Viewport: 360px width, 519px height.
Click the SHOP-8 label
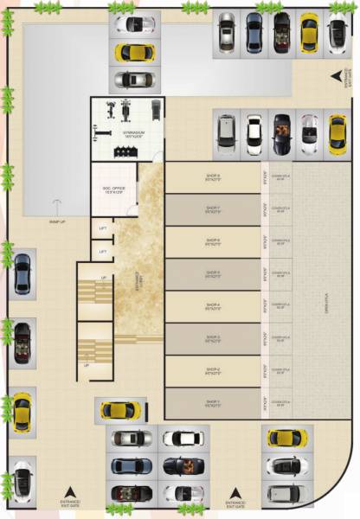point(212,176)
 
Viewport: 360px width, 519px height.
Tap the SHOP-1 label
point(212,402)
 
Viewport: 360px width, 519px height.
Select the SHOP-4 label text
point(212,305)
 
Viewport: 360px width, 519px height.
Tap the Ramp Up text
point(57,221)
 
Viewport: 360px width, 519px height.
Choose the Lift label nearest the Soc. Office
point(103,228)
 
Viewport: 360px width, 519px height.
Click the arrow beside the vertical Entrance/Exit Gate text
point(336,78)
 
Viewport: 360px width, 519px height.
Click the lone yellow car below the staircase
point(119,409)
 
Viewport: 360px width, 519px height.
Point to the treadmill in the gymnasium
point(154,110)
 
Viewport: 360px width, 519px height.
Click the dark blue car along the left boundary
point(22,274)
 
